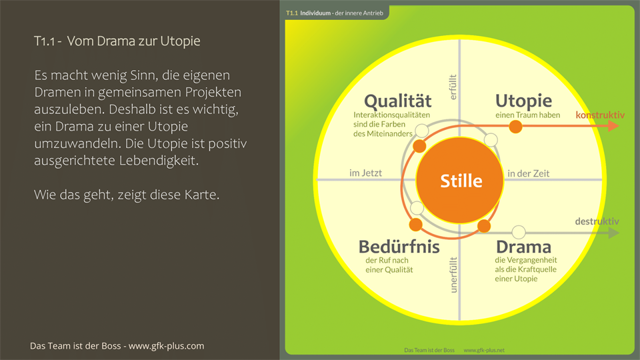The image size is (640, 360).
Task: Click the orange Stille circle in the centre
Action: pyautogui.click(x=459, y=180)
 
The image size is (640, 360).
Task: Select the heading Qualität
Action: pyautogui.click(x=397, y=101)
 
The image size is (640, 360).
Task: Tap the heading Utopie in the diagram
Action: pyautogui.click(x=523, y=101)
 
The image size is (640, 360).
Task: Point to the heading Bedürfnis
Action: pyautogui.click(x=399, y=247)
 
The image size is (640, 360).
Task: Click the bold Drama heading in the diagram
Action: pyautogui.click(x=523, y=247)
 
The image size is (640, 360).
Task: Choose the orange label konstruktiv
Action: pyautogui.click(x=600, y=115)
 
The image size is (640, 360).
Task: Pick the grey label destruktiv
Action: pyautogui.click(x=597, y=221)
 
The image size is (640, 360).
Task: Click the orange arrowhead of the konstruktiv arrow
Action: pyautogui.click(x=613, y=126)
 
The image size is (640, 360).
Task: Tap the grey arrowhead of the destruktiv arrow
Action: pyautogui.click(x=613, y=233)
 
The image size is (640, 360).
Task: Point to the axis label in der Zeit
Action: pyautogui.click(x=528, y=173)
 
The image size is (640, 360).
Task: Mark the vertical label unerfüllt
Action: pyautogui.click(x=454, y=275)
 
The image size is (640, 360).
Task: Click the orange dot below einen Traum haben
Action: pyautogui.click(x=515, y=126)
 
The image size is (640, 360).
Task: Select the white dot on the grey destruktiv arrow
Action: pyautogui.click(x=519, y=233)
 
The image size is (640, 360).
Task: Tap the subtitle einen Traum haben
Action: pyautogui.click(x=527, y=115)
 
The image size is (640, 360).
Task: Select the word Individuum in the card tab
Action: pyautogui.click(x=315, y=13)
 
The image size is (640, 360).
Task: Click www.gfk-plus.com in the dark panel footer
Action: pyautogui.click(x=166, y=346)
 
